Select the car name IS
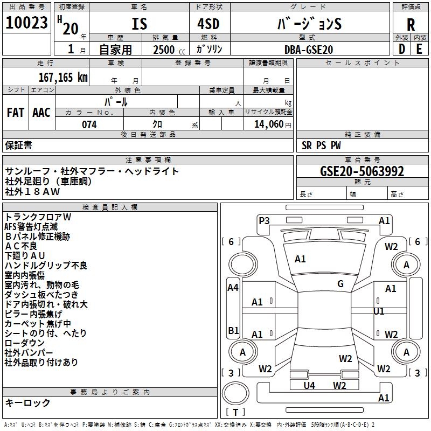tap(140, 24)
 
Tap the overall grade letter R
tap(411, 24)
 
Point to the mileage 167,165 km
tap(63, 78)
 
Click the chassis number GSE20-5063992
tap(362, 171)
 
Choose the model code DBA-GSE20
tap(309, 49)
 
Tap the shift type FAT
tap(16, 113)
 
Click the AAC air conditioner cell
tap(41, 113)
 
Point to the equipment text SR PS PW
tap(321, 145)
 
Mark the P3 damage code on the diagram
tap(264, 220)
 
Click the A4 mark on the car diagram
tap(233, 288)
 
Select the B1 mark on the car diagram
tap(233, 330)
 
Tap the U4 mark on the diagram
tap(309, 385)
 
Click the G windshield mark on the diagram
tap(340, 284)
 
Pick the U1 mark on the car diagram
tap(379, 311)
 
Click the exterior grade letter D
tap(401, 49)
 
